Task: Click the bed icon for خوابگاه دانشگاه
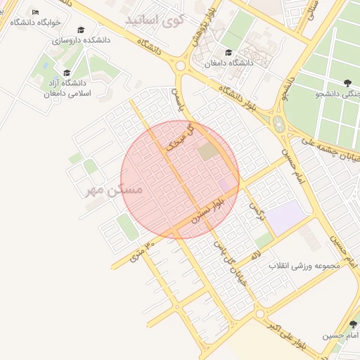36,13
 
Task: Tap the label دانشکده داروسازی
82,41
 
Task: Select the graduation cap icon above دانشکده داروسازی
82,30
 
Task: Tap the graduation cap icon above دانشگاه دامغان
228,53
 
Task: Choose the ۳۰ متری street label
139,252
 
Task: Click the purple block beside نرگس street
283,217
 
